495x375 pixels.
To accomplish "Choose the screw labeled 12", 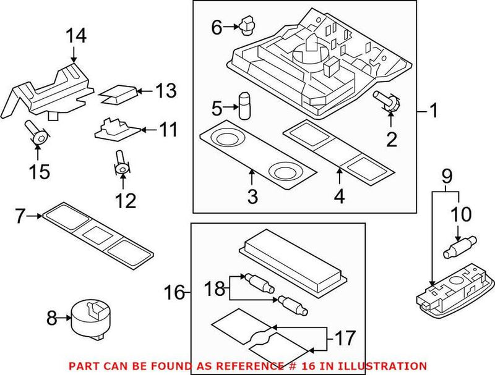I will [122, 164].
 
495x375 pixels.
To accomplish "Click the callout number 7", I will [20, 216].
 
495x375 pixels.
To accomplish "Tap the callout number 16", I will [176, 292].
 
